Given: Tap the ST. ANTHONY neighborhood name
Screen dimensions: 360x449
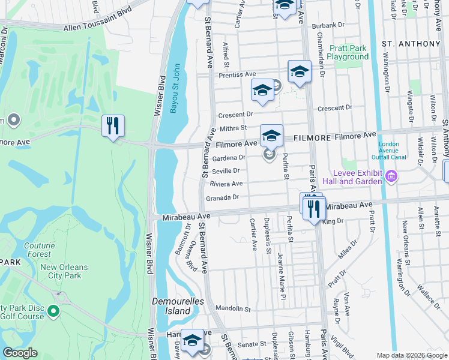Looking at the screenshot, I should (x=411, y=44).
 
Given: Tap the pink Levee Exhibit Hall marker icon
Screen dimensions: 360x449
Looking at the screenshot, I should (x=391, y=176).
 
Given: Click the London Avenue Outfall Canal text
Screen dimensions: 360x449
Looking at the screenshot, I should (x=393, y=151).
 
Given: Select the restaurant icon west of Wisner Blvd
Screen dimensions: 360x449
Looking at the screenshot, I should (x=113, y=126).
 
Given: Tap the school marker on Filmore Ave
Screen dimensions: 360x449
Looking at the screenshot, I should (x=271, y=136).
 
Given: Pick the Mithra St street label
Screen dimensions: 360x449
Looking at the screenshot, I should (x=235, y=128).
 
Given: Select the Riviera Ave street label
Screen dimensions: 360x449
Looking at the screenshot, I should (x=226, y=184).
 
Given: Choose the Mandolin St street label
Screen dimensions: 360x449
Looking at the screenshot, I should (x=234, y=309).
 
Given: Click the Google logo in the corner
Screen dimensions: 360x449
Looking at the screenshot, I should (x=20, y=353).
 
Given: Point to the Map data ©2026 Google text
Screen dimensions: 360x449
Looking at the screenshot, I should (x=411, y=355).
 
